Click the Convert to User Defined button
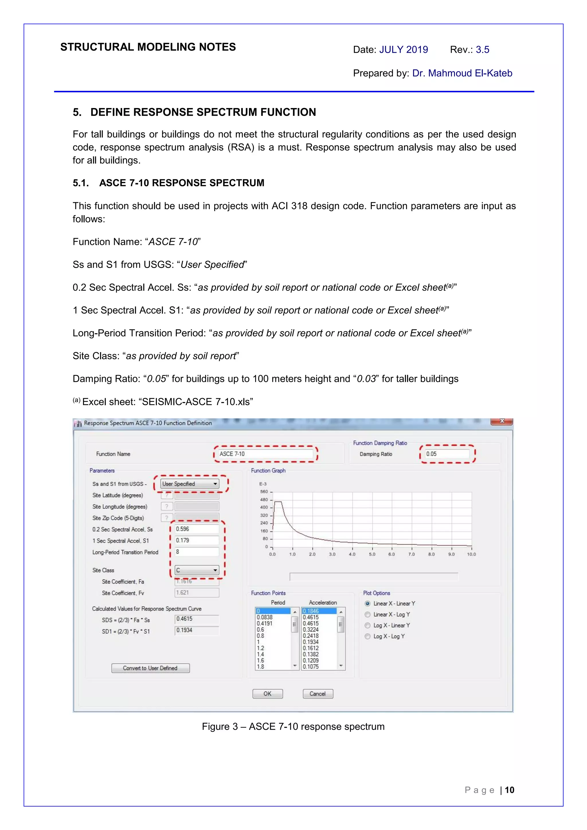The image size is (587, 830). (150, 668)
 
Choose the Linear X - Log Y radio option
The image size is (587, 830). (367, 615)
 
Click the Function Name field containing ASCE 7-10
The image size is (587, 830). (265, 454)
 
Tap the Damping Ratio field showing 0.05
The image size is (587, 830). (447, 454)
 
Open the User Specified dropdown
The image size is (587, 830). (190, 484)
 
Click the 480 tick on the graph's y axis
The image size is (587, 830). (264, 500)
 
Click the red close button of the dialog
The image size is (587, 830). (502, 421)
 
